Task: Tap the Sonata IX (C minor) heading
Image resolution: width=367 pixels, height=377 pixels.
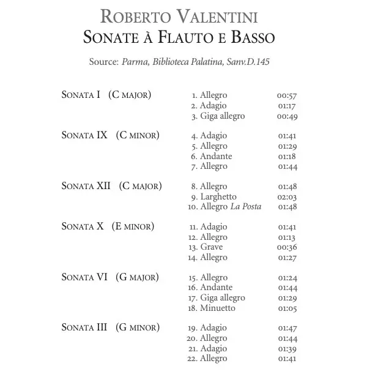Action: pyautogui.click(x=110, y=135)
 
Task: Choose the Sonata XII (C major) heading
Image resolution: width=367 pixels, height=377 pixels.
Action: pyautogui.click(x=111, y=186)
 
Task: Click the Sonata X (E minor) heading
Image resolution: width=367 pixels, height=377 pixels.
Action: pyautogui.click(x=108, y=226)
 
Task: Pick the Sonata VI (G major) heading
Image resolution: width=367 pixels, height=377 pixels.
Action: pyautogui.click(x=110, y=277)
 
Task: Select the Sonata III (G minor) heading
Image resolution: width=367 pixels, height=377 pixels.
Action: pyautogui.click(x=110, y=328)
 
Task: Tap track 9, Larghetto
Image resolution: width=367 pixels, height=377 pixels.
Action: pyautogui.click(x=218, y=196)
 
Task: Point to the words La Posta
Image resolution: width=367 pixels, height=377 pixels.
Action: pyautogui.click(x=245, y=207)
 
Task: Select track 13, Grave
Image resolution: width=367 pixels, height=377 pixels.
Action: pyautogui.click(x=211, y=247)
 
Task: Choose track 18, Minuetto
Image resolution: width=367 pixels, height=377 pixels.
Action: pyautogui.click(x=217, y=308)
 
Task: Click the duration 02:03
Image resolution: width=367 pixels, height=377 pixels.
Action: pyautogui.click(x=287, y=196)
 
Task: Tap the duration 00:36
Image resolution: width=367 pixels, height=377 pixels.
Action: pyautogui.click(x=287, y=247)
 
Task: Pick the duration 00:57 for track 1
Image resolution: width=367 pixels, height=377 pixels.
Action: pyautogui.click(x=287, y=95)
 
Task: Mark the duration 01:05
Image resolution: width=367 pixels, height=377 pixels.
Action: pyautogui.click(x=287, y=308)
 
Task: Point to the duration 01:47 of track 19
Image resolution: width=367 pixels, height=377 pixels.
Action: pyautogui.click(x=287, y=328)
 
